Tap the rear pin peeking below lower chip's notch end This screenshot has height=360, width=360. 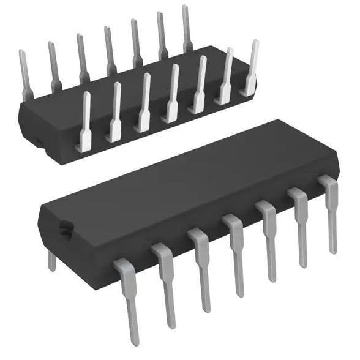coord(52,260)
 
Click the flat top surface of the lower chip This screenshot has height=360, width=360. coord(184,184)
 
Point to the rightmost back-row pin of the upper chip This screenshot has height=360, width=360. coord(187,28)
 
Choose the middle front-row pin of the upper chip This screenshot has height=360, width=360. coord(172,95)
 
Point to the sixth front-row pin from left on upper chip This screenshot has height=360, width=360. coord(226,77)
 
